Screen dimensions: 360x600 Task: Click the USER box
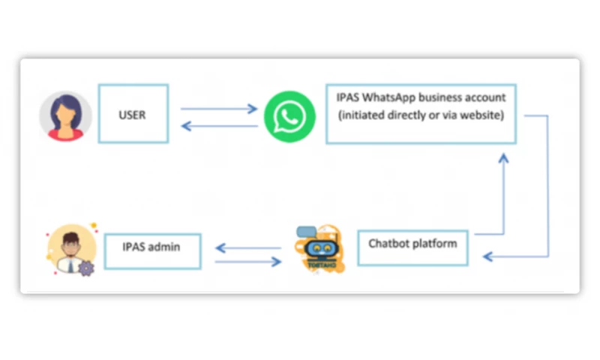pyautogui.click(x=133, y=114)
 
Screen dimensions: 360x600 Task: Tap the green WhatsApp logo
pyautogui.click(x=290, y=115)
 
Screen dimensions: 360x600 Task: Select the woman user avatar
pyautogui.click(x=66, y=116)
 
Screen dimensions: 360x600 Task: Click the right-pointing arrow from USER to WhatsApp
pyautogui.click(x=219, y=109)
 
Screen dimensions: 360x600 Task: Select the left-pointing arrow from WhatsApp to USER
pyautogui.click(x=219, y=126)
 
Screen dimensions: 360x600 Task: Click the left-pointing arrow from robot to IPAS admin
pyautogui.click(x=247, y=246)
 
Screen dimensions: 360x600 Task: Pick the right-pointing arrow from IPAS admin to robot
pyautogui.click(x=247, y=262)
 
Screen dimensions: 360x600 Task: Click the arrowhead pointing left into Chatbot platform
pyautogui.click(x=488, y=257)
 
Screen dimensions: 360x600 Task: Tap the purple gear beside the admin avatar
pyautogui.click(x=86, y=268)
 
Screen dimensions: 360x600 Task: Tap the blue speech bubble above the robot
pyautogui.click(x=307, y=232)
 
